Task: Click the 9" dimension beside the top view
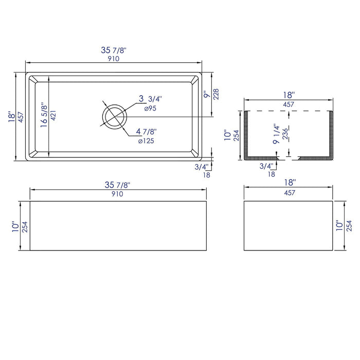(206, 95)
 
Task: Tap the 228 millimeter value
(215, 95)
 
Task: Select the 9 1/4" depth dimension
(276, 134)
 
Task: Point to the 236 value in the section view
(285, 134)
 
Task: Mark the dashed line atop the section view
(287, 111)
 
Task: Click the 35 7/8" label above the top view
(114, 50)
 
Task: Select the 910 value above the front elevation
(117, 194)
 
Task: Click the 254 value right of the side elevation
(350, 226)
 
